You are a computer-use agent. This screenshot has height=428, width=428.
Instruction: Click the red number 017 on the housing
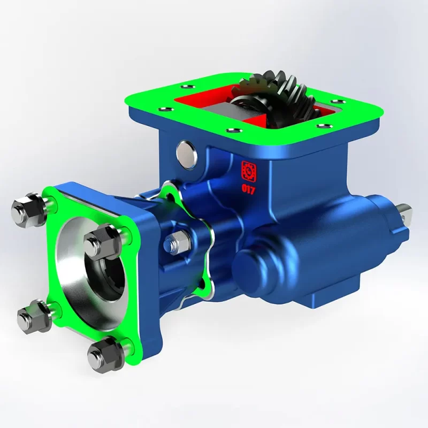pos(248,189)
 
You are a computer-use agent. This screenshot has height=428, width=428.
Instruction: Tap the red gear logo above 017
pos(248,171)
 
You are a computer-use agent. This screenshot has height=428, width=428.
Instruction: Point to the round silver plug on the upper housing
pos(187,154)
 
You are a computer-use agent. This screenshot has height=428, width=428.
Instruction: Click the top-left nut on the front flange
pos(27,208)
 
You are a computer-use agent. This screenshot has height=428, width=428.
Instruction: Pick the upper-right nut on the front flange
pos(101,241)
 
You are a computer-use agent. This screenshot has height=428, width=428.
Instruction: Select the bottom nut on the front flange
pos(104,353)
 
